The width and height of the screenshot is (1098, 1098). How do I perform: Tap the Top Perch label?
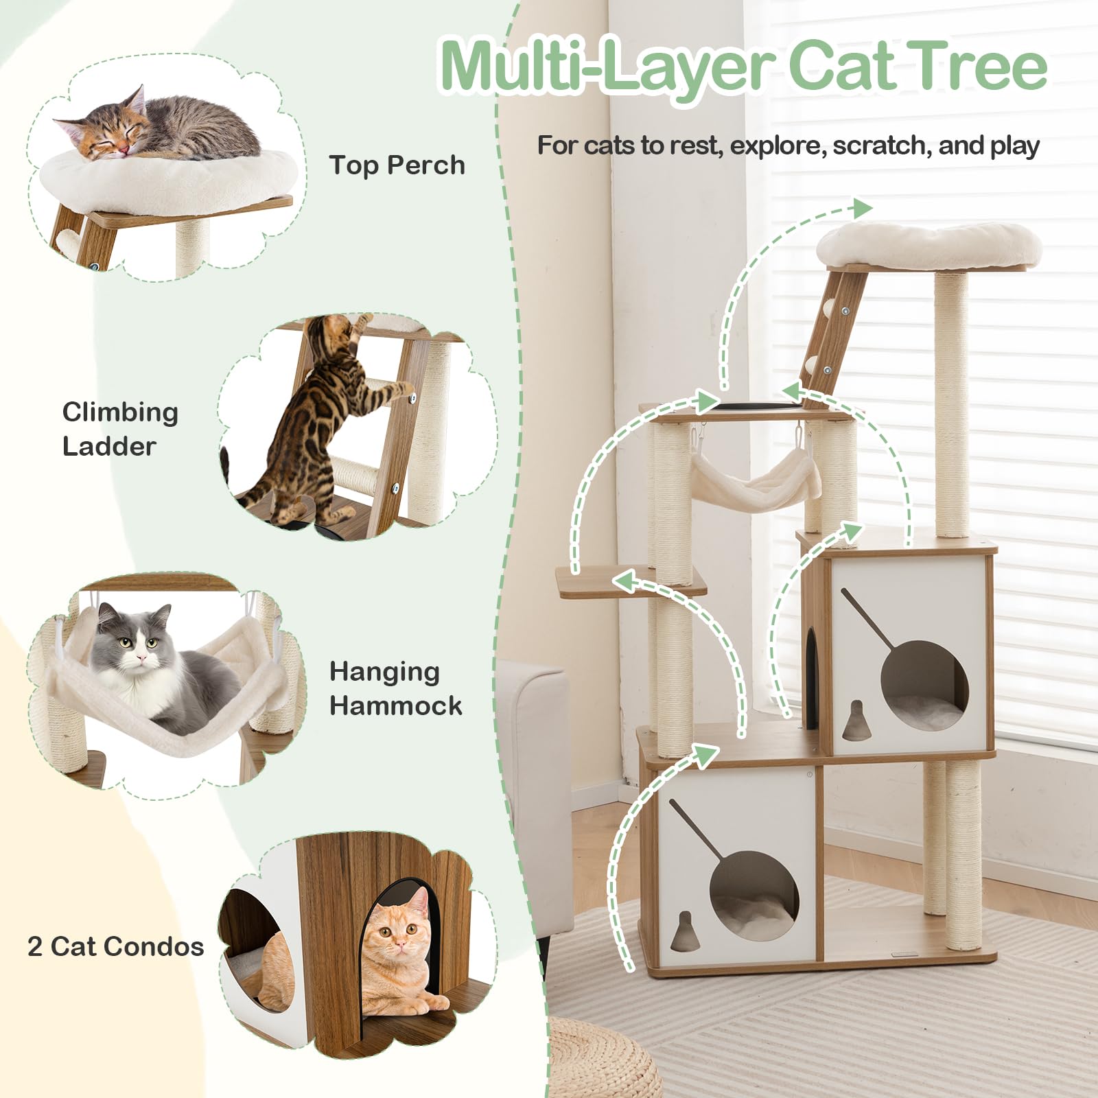[x=397, y=165]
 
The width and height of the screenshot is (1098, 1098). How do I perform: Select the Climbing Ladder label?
[x=120, y=429]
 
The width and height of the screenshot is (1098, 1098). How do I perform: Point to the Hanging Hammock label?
[x=396, y=688]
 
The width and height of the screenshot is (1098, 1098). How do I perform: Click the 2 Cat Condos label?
[x=115, y=946]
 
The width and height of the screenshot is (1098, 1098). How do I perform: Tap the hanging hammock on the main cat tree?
[x=755, y=480]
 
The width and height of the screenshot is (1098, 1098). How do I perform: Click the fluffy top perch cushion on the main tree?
[x=929, y=244]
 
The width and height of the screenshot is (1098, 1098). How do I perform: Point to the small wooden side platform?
[x=630, y=582]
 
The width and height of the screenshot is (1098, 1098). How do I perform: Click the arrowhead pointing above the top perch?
[x=861, y=208]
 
